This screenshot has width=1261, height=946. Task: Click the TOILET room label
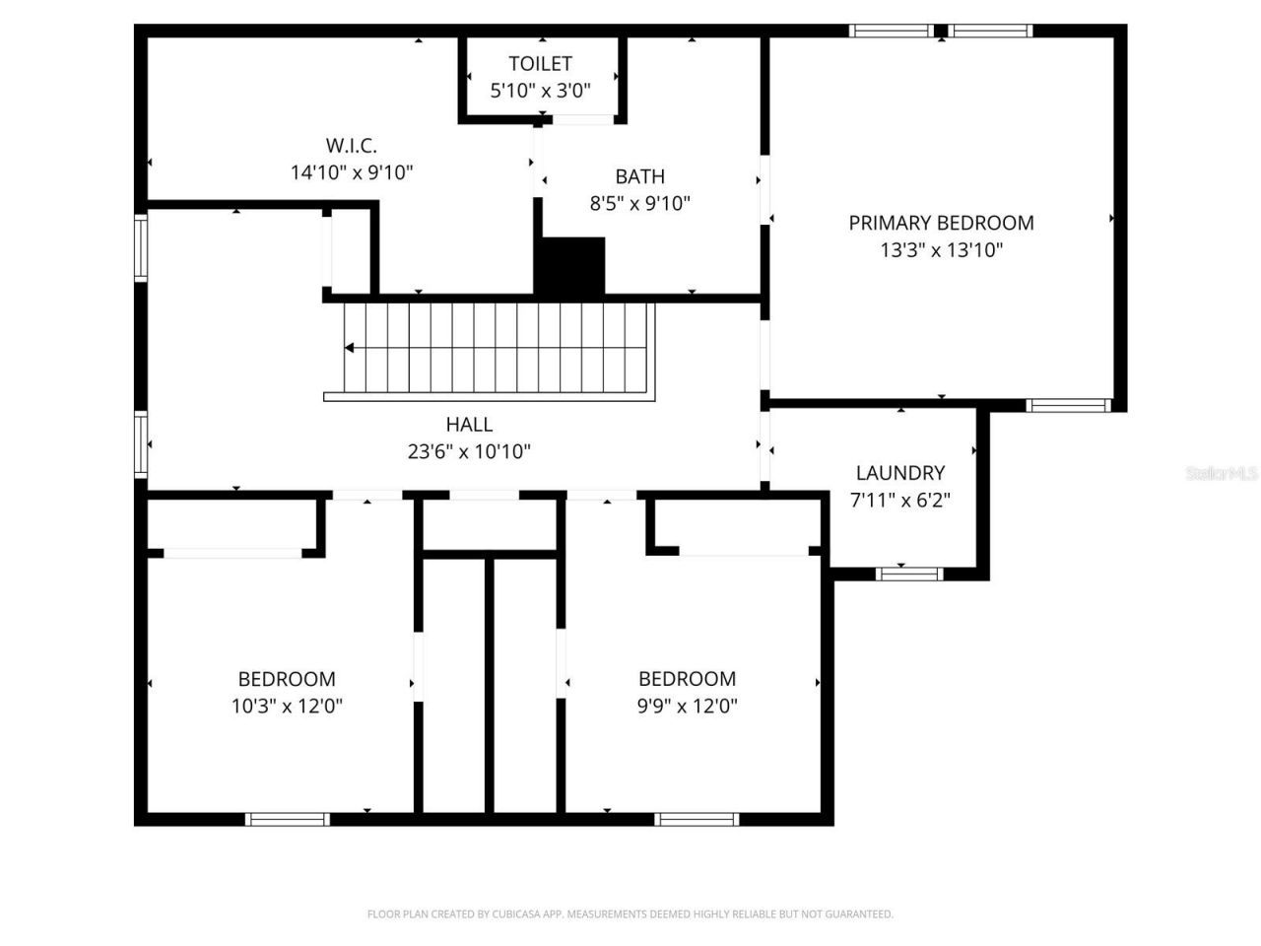[540, 64]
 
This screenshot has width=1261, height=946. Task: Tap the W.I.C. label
[351, 146]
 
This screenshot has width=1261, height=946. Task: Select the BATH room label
[639, 176]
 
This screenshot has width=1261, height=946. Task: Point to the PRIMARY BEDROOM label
[941, 223]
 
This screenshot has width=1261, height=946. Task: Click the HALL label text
[469, 425]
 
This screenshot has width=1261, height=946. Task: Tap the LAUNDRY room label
[899, 473]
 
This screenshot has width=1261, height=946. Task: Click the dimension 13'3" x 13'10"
[941, 250]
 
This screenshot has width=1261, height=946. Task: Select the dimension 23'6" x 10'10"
[469, 452]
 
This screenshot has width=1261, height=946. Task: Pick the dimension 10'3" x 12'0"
[287, 707]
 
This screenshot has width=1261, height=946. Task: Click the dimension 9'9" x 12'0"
[687, 707]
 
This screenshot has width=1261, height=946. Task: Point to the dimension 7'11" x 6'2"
[899, 501]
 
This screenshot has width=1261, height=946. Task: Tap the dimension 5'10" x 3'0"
[540, 92]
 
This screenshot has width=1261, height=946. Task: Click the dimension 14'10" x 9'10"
[351, 173]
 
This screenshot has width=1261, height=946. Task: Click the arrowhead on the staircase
[349, 348]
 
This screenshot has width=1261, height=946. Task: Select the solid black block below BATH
[569, 266]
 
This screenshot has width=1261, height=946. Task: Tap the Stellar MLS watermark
[1222, 474]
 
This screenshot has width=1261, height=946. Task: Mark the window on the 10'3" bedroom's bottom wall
[287, 819]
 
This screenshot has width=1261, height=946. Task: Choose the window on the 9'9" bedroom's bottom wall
[697, 819]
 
